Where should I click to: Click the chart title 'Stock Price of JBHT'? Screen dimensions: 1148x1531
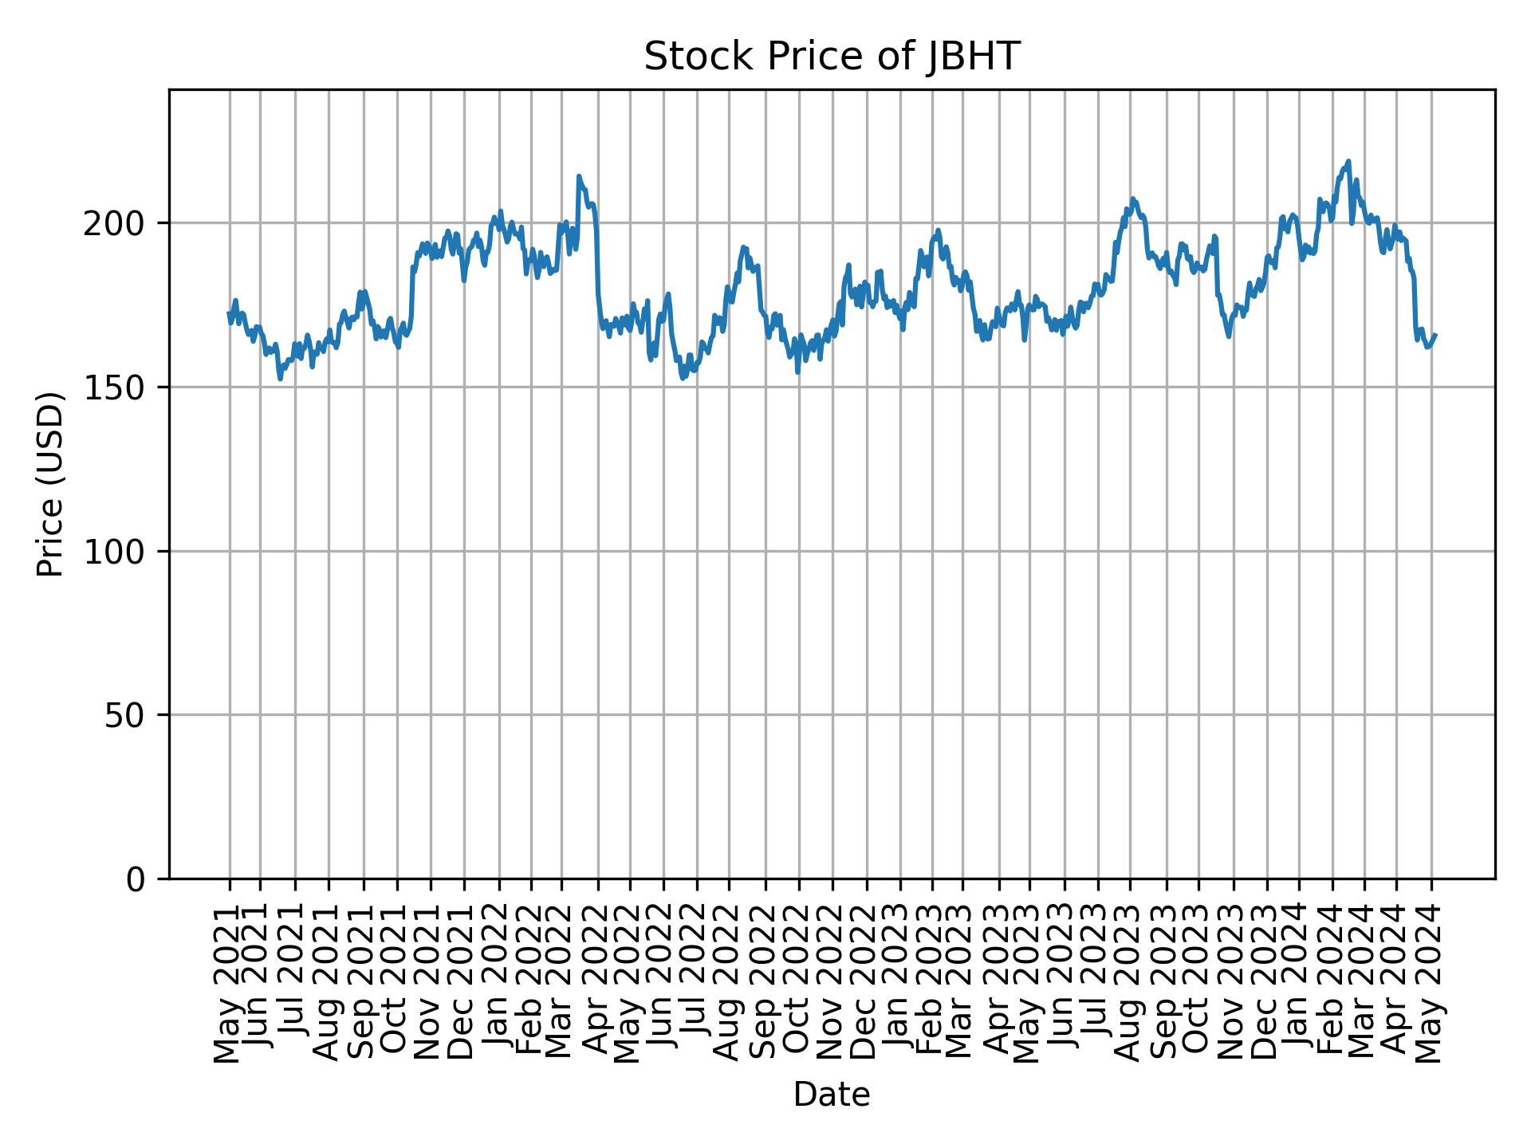831,57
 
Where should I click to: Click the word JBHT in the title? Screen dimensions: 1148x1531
972,57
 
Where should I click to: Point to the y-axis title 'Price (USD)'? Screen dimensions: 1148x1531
50,484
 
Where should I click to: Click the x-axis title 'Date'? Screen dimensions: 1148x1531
831,1095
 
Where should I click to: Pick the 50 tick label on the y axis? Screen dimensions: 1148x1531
131,716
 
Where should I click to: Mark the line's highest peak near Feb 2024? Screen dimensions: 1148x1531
1348,161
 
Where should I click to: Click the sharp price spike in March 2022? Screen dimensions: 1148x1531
579,176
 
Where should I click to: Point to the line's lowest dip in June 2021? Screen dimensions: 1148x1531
280,379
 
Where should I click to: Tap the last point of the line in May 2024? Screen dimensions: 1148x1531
1435,335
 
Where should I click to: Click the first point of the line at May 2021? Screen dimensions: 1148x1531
229,313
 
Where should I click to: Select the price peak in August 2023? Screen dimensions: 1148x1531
1132,199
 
